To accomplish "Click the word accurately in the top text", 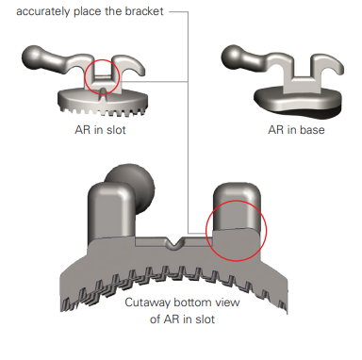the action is coord(43,12).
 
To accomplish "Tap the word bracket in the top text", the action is coord(144,11).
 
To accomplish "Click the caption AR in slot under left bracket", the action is coord(100,130).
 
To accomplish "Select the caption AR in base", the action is coord(296,130).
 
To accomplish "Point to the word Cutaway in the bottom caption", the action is coord(147,303).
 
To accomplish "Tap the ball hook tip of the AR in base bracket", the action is coord(231,56).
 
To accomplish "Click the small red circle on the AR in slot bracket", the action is coord(85,77).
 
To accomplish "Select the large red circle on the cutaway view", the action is coord(206,231).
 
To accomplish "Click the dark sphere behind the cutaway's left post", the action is coord(140,182).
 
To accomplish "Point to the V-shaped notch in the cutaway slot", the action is coord(174,243).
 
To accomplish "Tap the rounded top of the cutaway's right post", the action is coord(237,191).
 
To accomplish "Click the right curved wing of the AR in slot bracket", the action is coord(129,64).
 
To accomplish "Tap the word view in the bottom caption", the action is coord(227,303).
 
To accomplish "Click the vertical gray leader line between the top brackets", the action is coord(188,123).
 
